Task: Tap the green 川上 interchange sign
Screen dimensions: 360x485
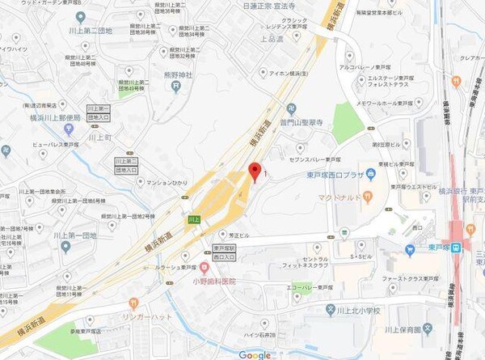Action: click(x=192, y=219)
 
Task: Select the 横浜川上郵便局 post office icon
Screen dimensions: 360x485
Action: click(x=70, y=129)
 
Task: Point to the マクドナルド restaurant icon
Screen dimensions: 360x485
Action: click(x=366, y=197)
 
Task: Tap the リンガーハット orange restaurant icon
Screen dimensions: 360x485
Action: click(x=134, y=302)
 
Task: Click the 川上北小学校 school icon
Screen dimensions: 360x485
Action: click(x=330, y=308)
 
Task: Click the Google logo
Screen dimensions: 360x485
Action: click(x=255, y=354)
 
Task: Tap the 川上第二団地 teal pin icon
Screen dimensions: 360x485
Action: click(x=79, y=17)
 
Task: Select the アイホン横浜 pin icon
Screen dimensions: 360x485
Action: click(x=262, y=73)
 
